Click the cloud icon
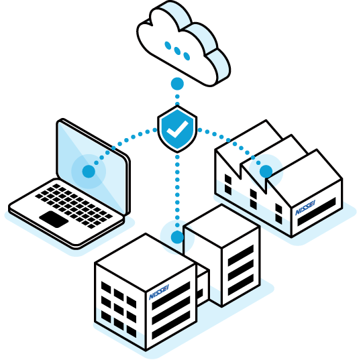(x=183, y=44)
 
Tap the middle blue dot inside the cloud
(x=177, y=51)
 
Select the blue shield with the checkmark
(x=177, y=129)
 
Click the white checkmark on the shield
(x=178, y=129)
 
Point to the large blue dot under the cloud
(x=177, y=84)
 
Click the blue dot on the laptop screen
(x=89, y=172)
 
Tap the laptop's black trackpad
(x=54, y=219)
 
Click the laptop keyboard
(x=74, y=206)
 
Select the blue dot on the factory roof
(x=266, y=172)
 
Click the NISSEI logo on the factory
(x=305, y=208)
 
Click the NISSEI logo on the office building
(x=159, y=292)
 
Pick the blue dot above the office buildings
(x=177, y=237)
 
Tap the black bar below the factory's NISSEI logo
(x=317, y=212)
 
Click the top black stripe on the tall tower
(x=241, y=255)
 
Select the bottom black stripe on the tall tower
(x=241, y=284)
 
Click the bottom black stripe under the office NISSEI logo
(x=171, y=324)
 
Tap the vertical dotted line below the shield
(x=177, y=191)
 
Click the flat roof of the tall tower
(x=222, y=226)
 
